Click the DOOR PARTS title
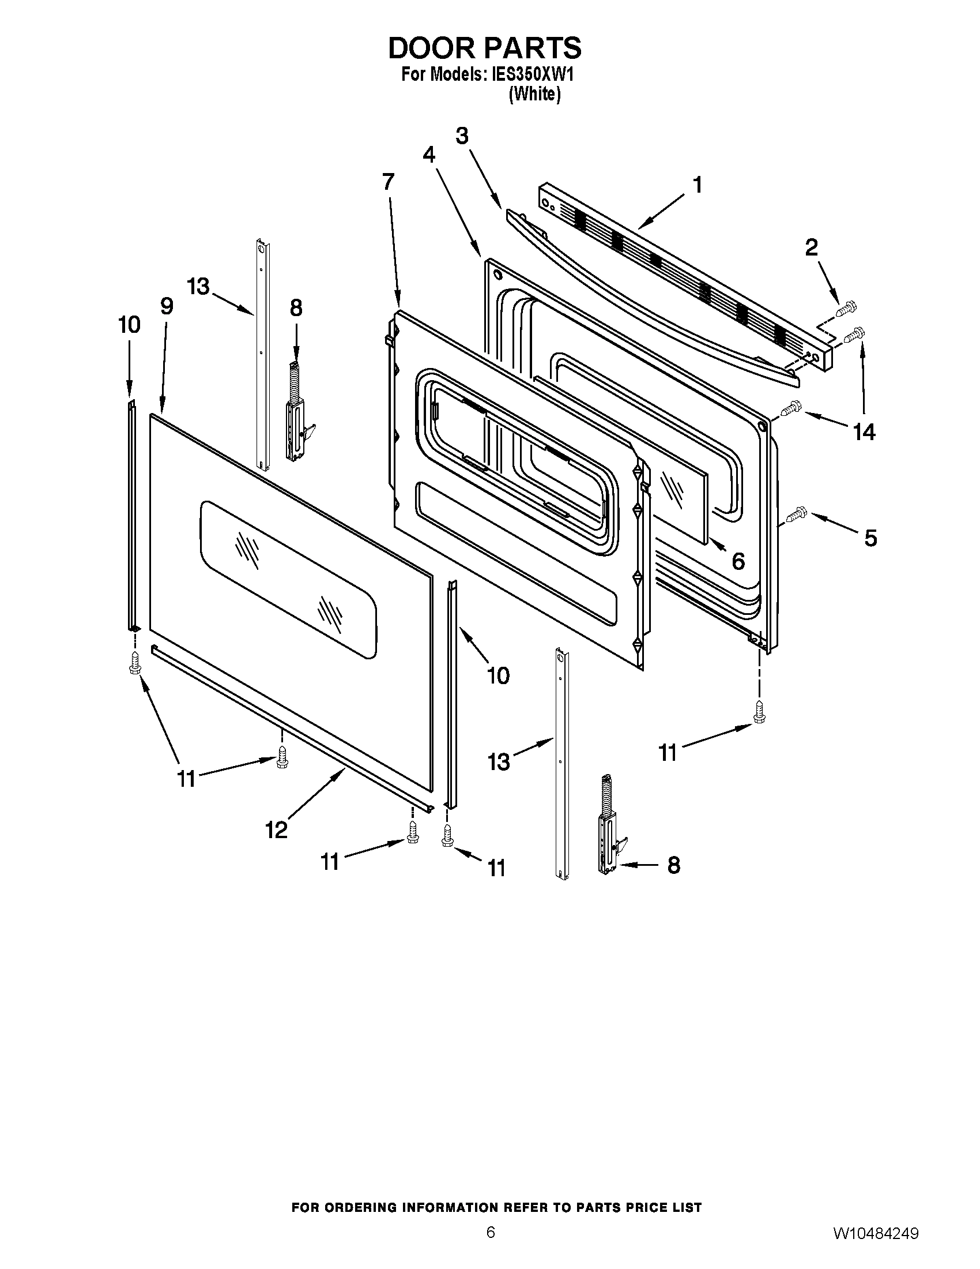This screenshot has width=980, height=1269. pyautogui.click(x=484, y=49)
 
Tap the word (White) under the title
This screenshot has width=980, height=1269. pyautogui.click(x=534, y=94)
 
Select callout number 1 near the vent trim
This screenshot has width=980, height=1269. pyautogui.click(x=698, y=185)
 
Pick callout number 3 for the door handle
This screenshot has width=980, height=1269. pyautogui.click(x=462, y=136)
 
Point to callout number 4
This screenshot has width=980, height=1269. pyautogui.click(x=429, y=155)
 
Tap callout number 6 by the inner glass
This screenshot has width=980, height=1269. pyautogui.click(x=737, y=561)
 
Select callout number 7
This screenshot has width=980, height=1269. pyautogui.click(x=388, y=181)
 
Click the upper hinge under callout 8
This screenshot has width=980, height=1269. pyautogui.click(x=299, y=414)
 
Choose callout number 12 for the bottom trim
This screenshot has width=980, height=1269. pyautogui.click(x=276, y=829)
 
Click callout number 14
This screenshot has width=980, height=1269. pyautogui.click(x=864, y=431)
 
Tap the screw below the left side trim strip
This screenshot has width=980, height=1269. pyautogui.click(x=135, y=663)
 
